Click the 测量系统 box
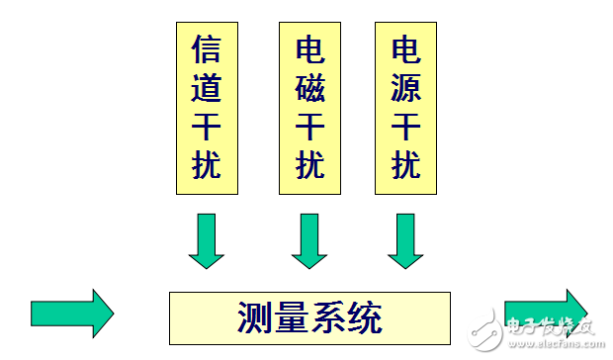pyautogui.click(x=308, y=317)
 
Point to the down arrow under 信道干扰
pyautogui.click(x=206, y=241)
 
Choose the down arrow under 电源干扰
pyautogui.click(x=405, y=241)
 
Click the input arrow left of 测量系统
pyautogui.click(x=72, y=313)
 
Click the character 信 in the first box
pyautogui.click(x=206, y=49)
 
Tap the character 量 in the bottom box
pyautogui.click(x=292, y=318)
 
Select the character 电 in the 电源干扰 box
pyautogui.click(x=406, y=49)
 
